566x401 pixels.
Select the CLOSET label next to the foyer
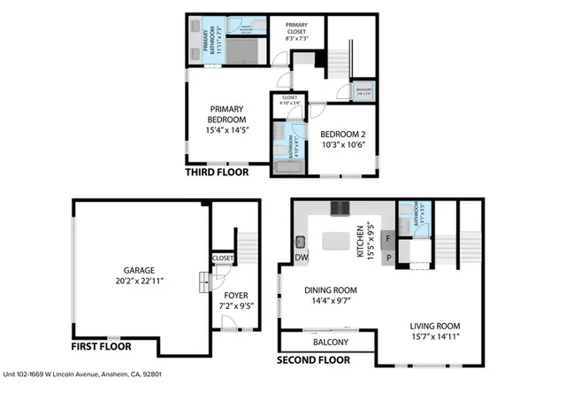[223, 258]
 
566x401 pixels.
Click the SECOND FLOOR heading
[314, 360]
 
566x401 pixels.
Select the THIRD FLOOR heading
[217, 174]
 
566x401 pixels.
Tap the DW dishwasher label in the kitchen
[301, 259]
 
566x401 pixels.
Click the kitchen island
[337, 239]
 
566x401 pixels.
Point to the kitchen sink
[301, 241]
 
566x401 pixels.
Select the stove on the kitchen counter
[340, 209]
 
